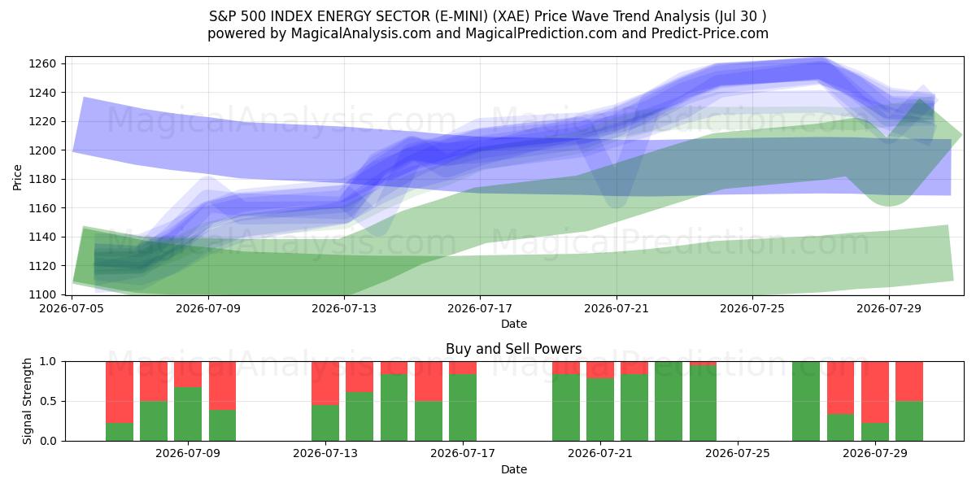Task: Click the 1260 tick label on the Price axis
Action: click(x=42, y=64)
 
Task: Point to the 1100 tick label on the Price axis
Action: click(x=42, y=295)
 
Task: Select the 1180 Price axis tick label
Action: click(x=42, y=180)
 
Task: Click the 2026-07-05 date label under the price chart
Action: click(x=72, y=308)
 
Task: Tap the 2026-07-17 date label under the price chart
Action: click(x=480, y=308)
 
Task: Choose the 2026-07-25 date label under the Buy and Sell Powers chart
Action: click(x=738, y=454)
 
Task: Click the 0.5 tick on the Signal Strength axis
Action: click(x=48, y=401)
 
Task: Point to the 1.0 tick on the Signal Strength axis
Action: click(x=48, y=362)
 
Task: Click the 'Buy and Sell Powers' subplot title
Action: click(x=514, y=349)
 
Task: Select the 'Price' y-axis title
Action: click(x=17, y=177)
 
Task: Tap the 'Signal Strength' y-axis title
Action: click(x=27, y=401)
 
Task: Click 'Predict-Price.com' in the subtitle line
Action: click(x=709, y=33)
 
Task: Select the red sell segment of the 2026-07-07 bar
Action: click(x=120, y=392)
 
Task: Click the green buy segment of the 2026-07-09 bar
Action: click(x=188, y=414)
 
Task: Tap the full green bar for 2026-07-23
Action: click(x=669, y=401)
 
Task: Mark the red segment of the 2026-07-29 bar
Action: click(x=875, y=392)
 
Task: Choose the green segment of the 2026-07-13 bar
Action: click(x=325, y=423)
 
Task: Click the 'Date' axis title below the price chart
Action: click(x=514, y=324)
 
